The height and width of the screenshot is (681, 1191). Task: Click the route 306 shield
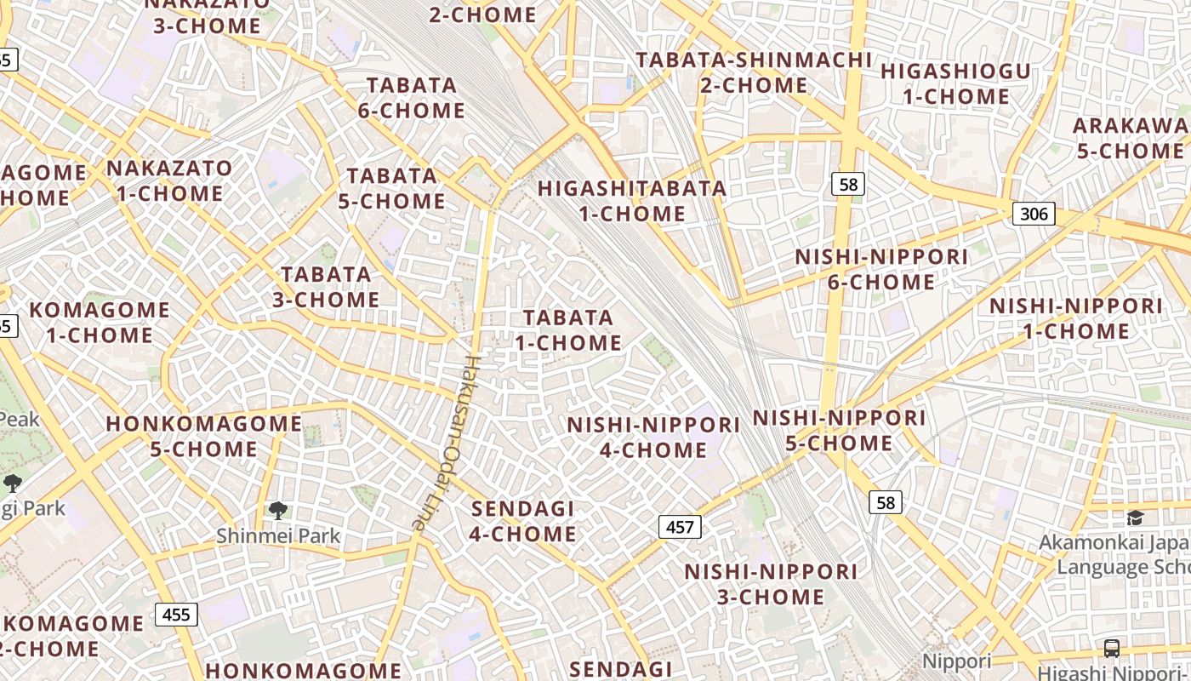click(1034, 213)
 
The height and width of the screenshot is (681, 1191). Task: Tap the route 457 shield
click(680, 527)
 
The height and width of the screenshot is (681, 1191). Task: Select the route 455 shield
click(176, 614)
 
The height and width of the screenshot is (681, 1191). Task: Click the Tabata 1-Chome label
click(568, 330)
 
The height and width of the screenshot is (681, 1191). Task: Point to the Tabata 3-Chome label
click(326, 287)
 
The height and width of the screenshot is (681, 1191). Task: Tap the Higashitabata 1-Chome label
click(632, 201)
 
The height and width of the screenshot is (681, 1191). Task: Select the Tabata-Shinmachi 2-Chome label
click(754, 72)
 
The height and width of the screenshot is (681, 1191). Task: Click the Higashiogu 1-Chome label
click(955, 83)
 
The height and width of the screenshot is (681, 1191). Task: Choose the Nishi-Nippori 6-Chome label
click(881, 269)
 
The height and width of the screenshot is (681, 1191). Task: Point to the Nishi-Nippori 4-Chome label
click(653, 438)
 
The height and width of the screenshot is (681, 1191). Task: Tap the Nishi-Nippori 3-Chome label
click(771, 584)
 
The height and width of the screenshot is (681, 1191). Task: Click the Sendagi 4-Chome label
click(523, 521)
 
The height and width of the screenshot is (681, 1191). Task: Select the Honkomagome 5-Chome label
click(203, 436)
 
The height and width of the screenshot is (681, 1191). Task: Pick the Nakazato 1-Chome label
click(169, 180)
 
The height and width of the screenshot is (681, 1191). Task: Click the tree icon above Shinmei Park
click(277, 511)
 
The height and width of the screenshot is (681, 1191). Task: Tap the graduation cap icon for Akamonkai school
click(1135, 518)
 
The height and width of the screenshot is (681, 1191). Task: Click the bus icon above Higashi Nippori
click(1111, 648)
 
